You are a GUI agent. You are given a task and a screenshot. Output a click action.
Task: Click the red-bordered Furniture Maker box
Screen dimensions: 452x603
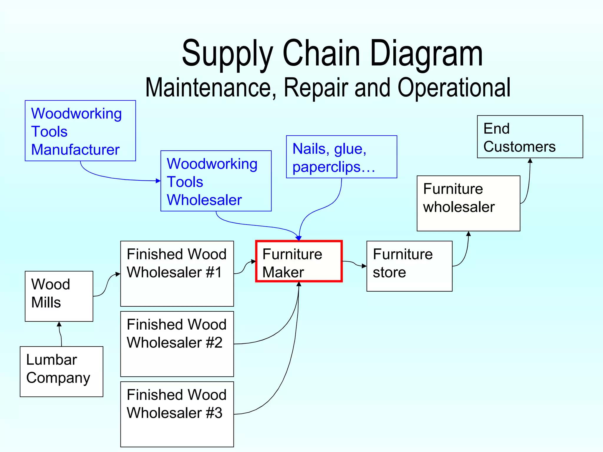click(299, 261)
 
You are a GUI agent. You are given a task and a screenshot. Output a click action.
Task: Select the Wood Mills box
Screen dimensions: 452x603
click(59, 296)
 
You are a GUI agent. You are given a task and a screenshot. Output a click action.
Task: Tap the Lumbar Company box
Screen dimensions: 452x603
click(61, 371)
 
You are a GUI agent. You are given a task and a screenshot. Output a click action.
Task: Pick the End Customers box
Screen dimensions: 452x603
click(530, 137)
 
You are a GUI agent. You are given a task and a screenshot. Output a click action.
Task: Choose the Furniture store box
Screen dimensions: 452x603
click(409, 266)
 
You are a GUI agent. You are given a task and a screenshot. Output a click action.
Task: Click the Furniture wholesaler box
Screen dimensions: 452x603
click(468, 203)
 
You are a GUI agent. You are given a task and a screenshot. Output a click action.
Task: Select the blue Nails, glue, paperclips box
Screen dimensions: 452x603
click(341, 157)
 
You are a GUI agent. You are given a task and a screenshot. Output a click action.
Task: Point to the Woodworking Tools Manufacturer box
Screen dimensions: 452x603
click(80, 131)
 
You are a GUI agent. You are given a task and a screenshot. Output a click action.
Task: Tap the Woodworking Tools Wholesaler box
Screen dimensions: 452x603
click(216, 181)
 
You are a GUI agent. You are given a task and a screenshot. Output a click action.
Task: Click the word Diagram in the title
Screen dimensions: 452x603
click(426, 54)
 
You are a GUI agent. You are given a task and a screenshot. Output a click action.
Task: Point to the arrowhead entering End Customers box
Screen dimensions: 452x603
click(530, 161)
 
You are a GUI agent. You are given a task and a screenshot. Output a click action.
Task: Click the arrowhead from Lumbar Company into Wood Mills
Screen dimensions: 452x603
click(59, 324)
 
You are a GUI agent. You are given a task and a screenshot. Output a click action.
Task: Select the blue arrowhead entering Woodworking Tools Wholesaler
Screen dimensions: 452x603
click(158, 181)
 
